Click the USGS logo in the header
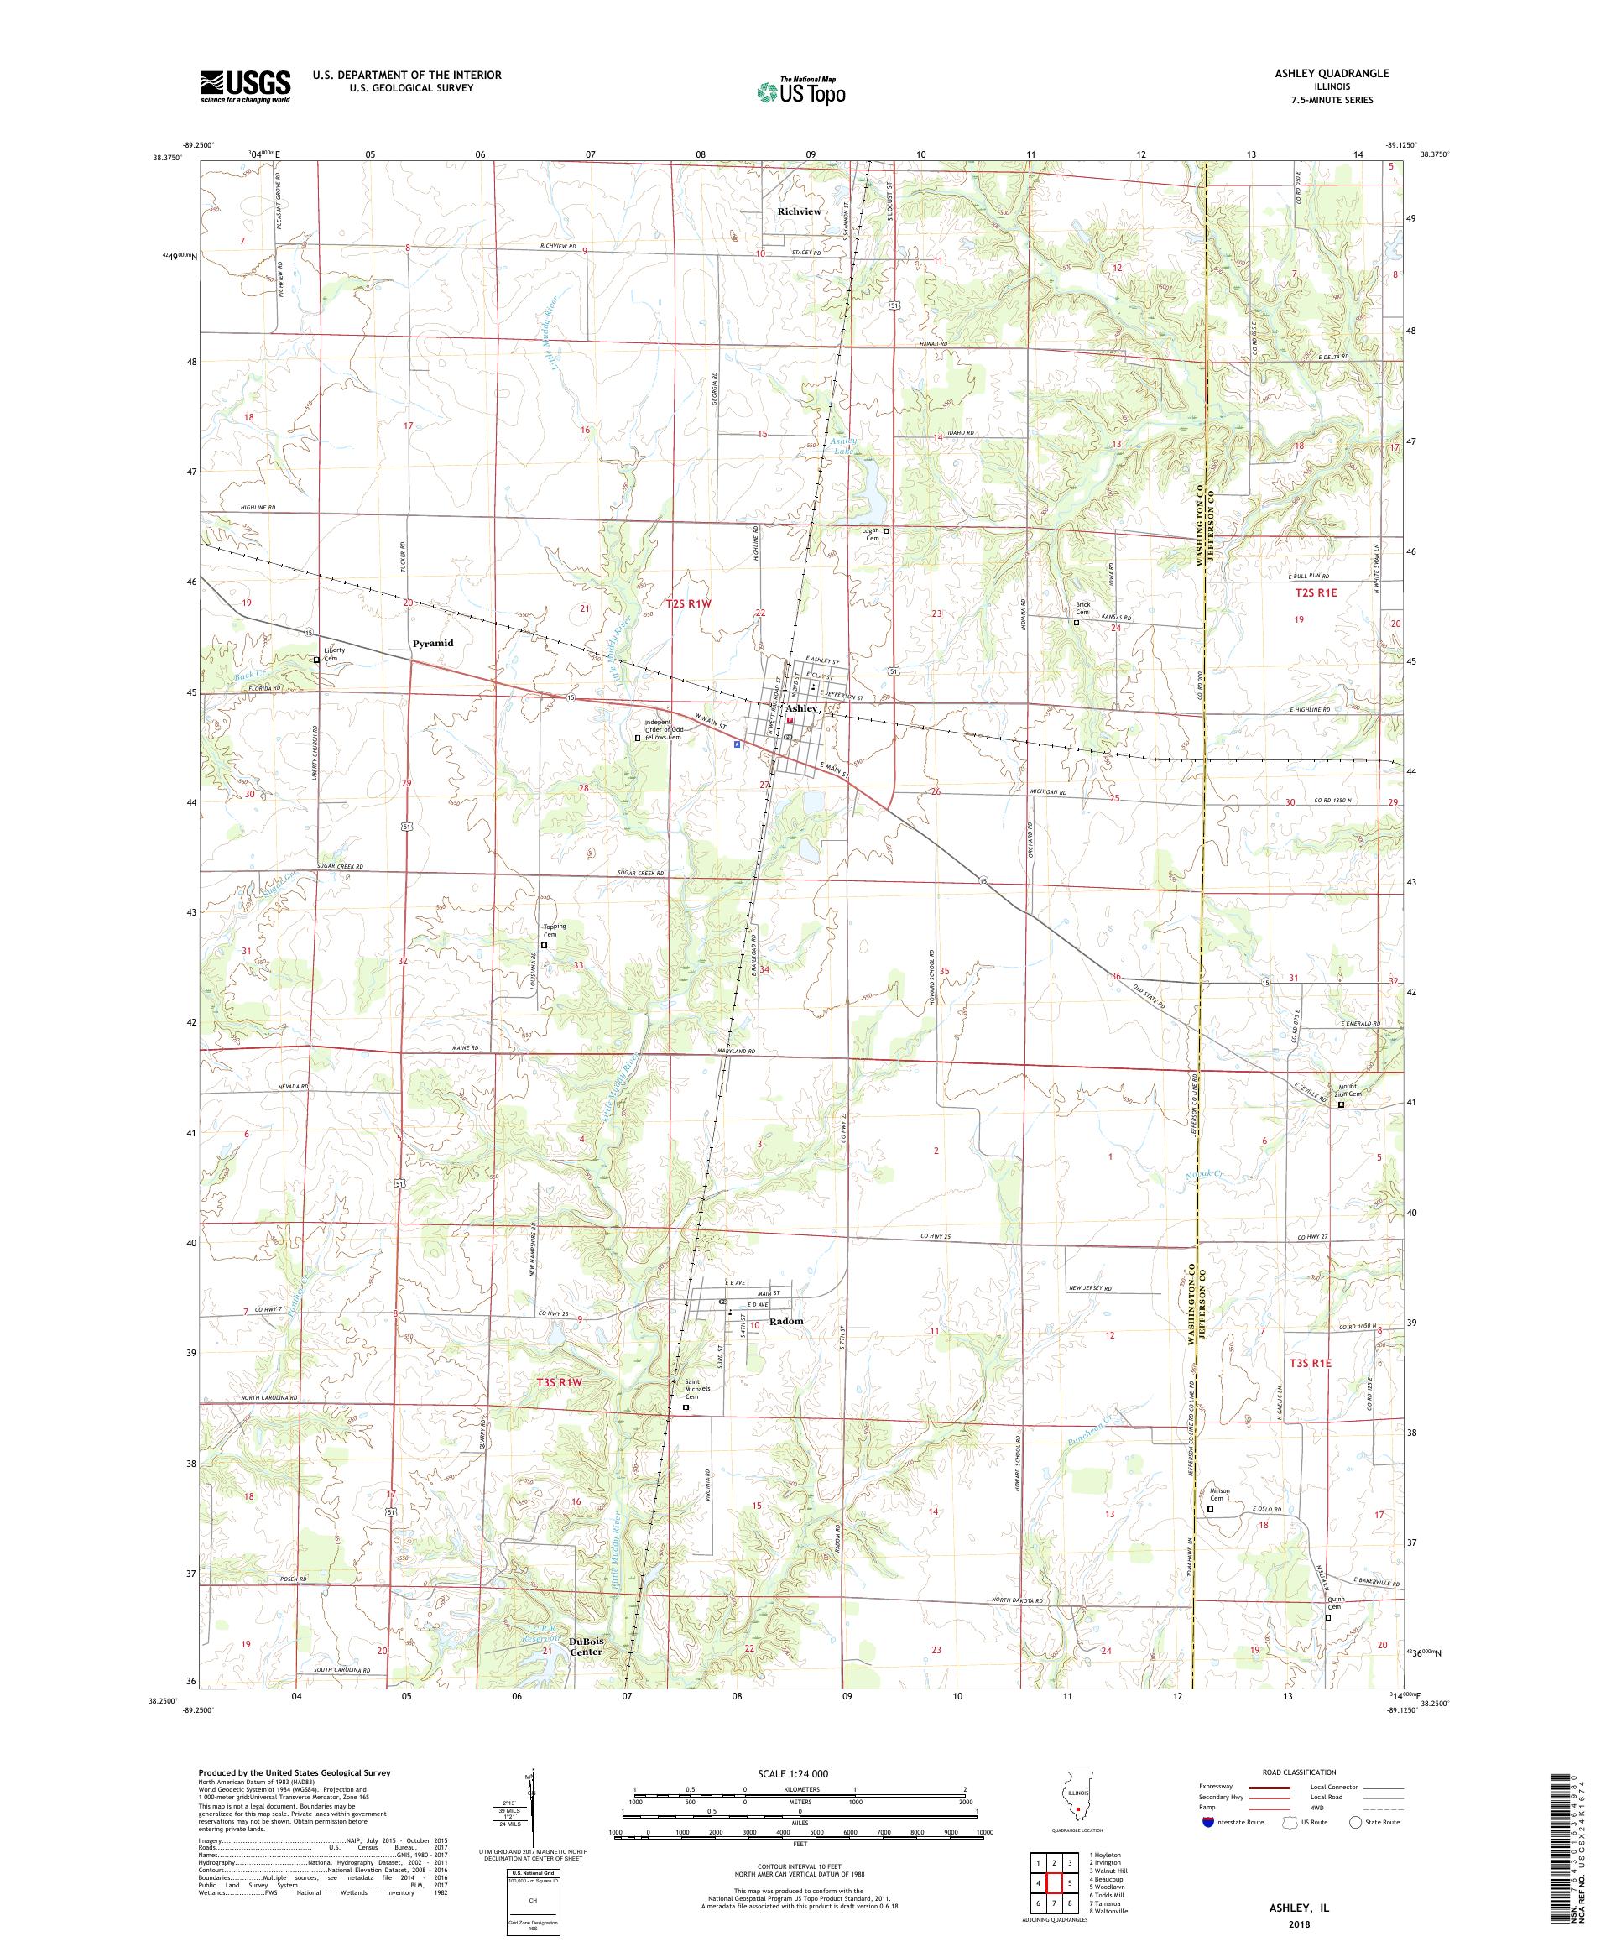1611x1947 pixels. point(246,86)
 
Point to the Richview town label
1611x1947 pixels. point(799,211)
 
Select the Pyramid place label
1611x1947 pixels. point(433,643)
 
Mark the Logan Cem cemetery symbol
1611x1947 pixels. point(886,530)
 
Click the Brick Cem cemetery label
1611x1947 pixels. point(1082,608)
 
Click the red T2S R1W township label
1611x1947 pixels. point(689,603)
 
